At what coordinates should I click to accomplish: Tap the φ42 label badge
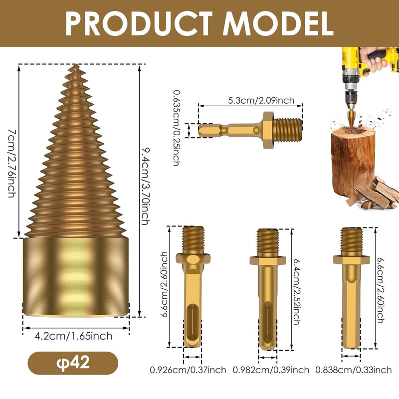coord(73,362)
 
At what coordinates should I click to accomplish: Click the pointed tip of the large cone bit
coord(75,66)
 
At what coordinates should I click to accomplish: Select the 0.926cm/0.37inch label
coord(188,370)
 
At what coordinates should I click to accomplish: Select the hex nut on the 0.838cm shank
coord(351,259)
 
